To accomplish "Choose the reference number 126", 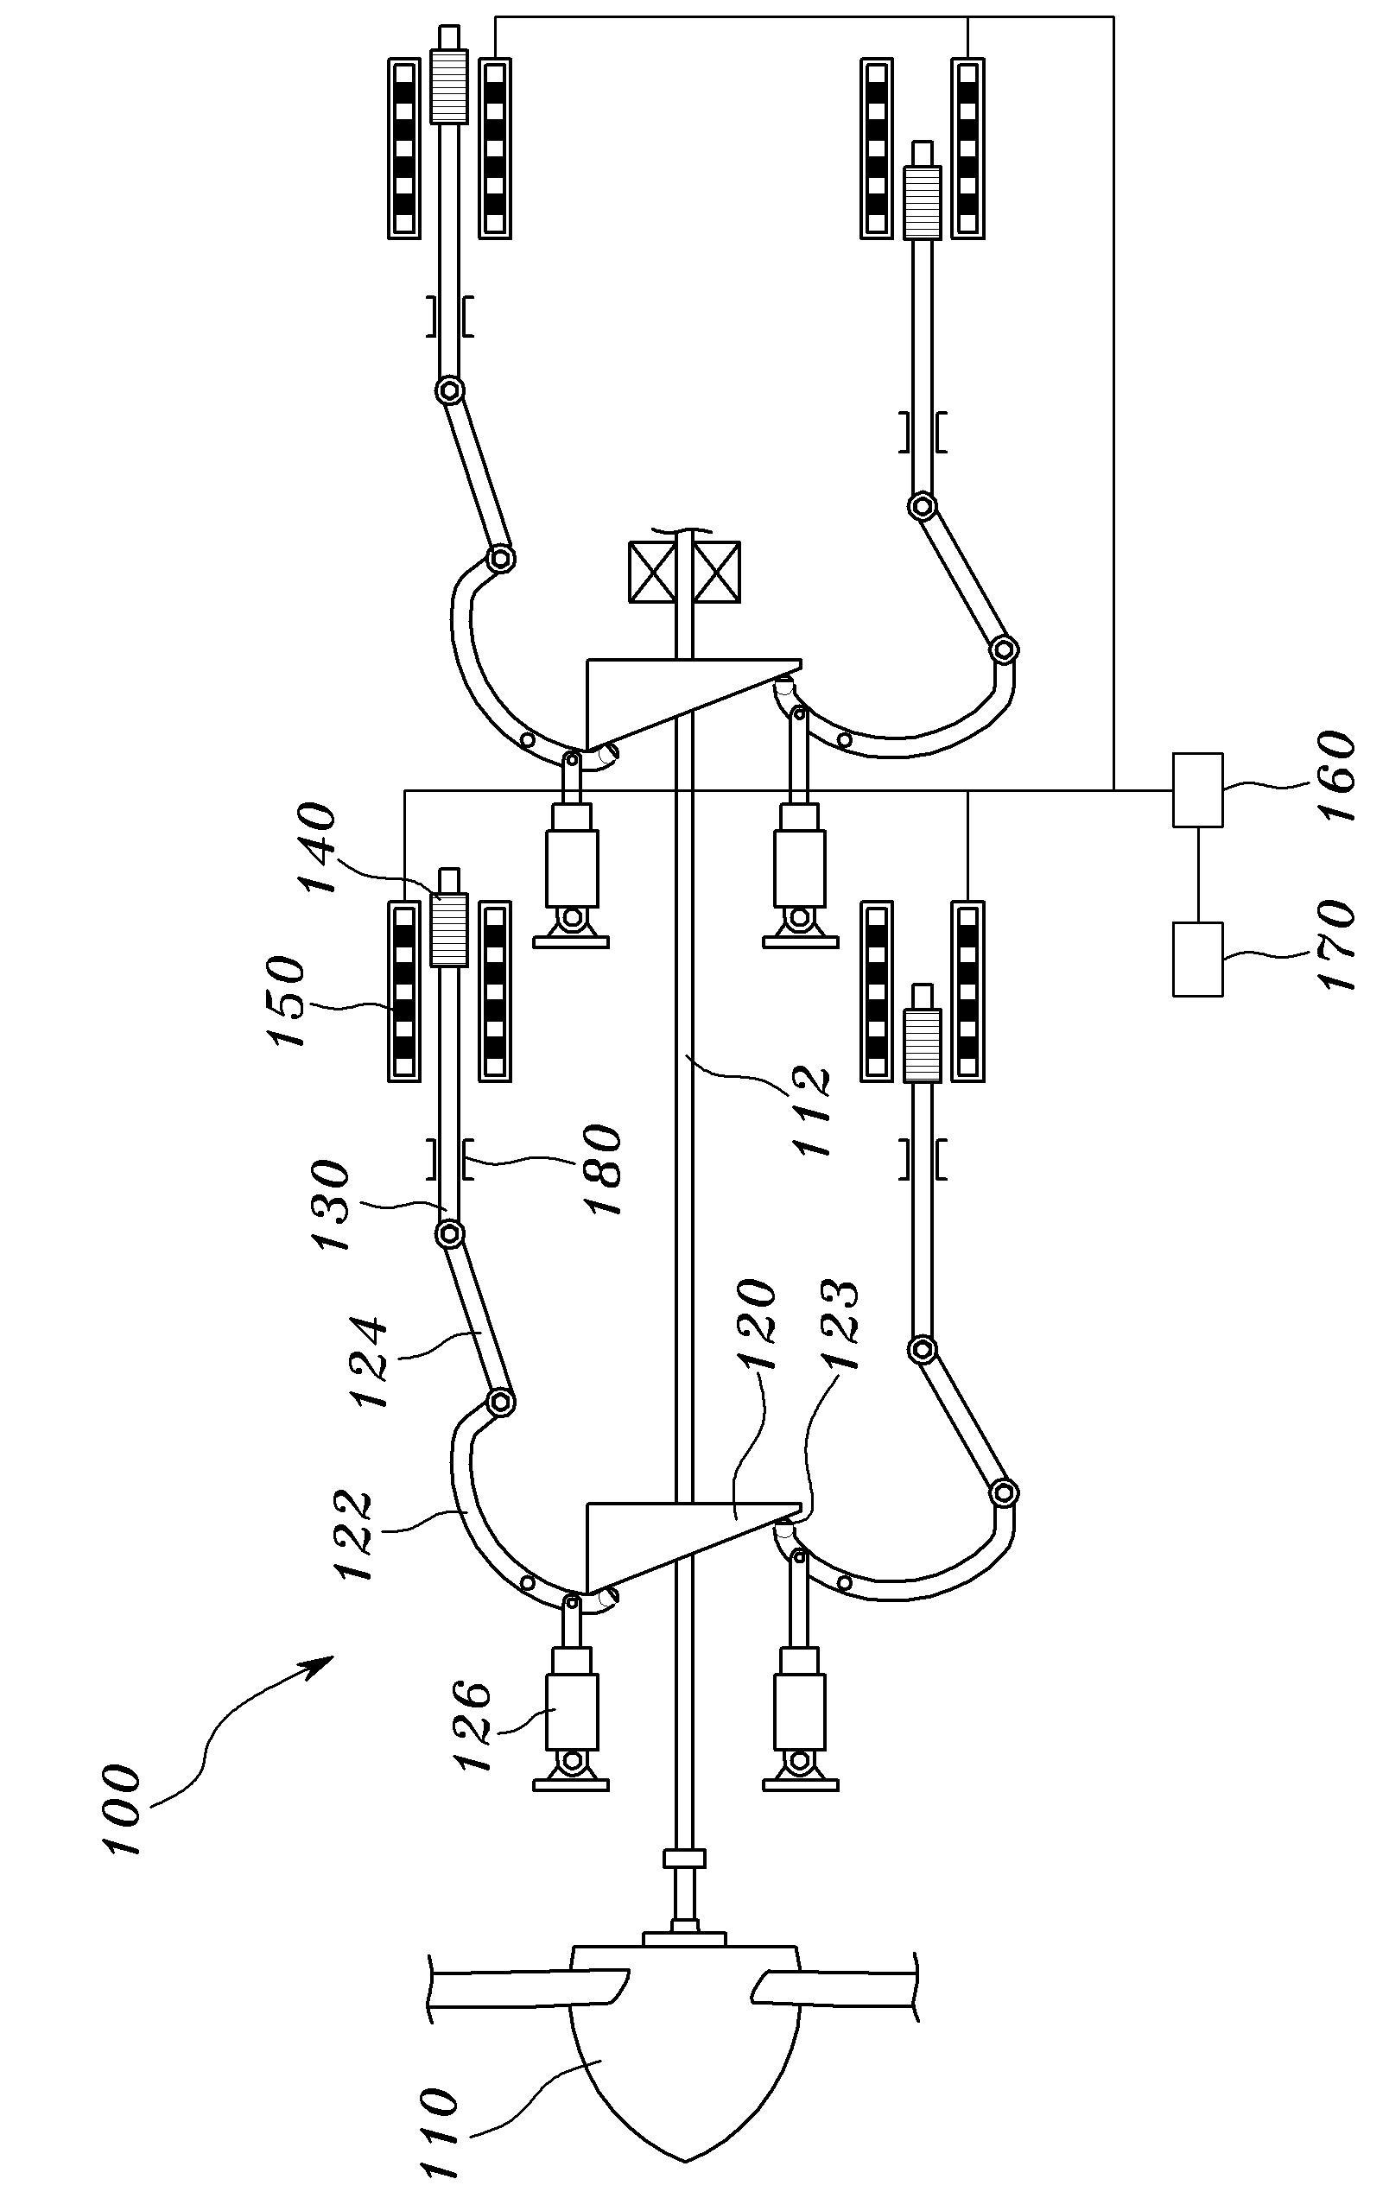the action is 474,1729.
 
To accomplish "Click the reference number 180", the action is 602,1168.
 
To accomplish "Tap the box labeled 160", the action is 1197,789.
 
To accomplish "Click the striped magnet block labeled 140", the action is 448,929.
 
